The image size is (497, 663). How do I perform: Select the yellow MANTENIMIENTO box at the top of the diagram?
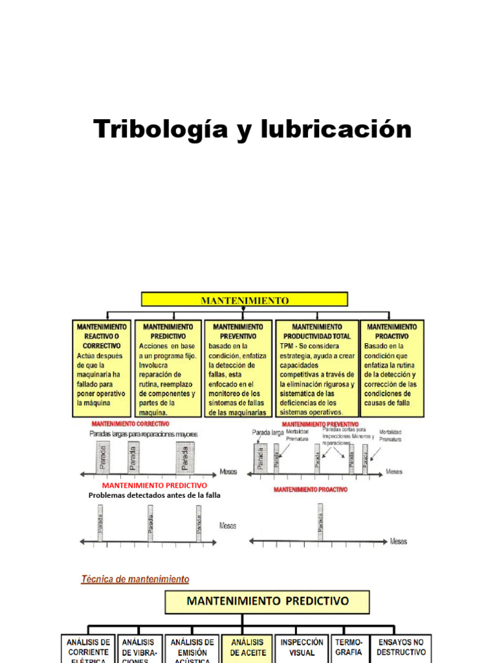[x=245, y=300]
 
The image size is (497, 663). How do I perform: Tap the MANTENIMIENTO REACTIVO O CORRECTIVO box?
[x=103, y=368]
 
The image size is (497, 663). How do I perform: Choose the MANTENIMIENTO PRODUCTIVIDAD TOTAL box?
[x=316, y=368]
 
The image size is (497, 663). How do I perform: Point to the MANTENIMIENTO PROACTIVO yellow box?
[x=392, y=368]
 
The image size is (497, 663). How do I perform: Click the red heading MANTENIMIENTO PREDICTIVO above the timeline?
[x=155, y=485]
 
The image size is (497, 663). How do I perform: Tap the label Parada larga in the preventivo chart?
[x=268, y=432]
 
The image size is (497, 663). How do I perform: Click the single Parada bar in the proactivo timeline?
[x=320, y=522]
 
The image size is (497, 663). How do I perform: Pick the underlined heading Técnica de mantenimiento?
[x=135, y=579]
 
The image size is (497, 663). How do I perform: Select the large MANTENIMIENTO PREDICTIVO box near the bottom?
[x=267, y=601]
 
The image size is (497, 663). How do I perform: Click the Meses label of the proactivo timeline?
[x=399, y=541]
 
